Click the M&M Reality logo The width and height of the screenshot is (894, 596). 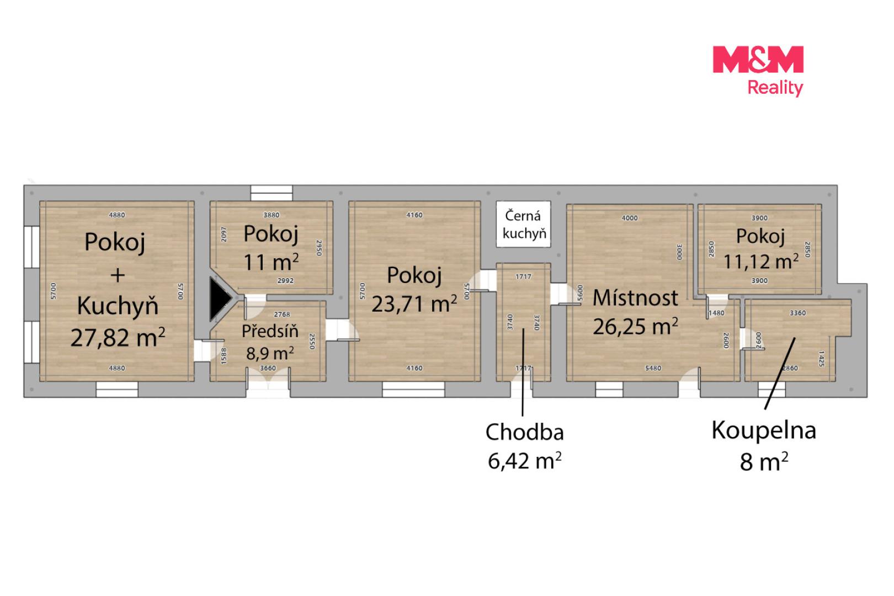[x=758, y=71]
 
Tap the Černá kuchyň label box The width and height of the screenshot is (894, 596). [x=523, y=225]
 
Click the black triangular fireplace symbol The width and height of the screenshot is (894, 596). [x=220, y=299]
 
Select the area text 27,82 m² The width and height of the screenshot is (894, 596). [x=118, y=337]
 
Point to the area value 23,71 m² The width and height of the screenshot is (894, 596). [x=414, y=304]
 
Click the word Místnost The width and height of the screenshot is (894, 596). [x=635, y=298]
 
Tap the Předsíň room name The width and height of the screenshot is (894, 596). [x=270, y=331]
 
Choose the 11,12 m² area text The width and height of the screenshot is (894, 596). [x=761, y=262]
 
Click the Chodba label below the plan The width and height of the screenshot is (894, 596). [x=524, y=432]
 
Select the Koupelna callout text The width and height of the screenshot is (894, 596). [x=764, y=430]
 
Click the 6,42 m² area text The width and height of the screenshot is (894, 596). [x=524, y=461]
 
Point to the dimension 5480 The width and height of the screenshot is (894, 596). [x=653, y=368]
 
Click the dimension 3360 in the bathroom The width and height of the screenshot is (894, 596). [x=798, y=313]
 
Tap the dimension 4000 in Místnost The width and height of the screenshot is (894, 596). [x=630, y=218]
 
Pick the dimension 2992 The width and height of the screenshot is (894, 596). [x=285, y=281]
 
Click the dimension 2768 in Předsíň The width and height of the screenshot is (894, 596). [x=282, y=315]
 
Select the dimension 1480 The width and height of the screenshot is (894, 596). [x=716, y=313]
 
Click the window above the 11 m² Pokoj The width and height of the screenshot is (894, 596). [x=272, y=193]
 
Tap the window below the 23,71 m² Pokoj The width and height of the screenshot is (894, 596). [x=413, y=389]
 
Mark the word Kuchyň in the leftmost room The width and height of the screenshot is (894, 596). [x=118, y=306]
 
